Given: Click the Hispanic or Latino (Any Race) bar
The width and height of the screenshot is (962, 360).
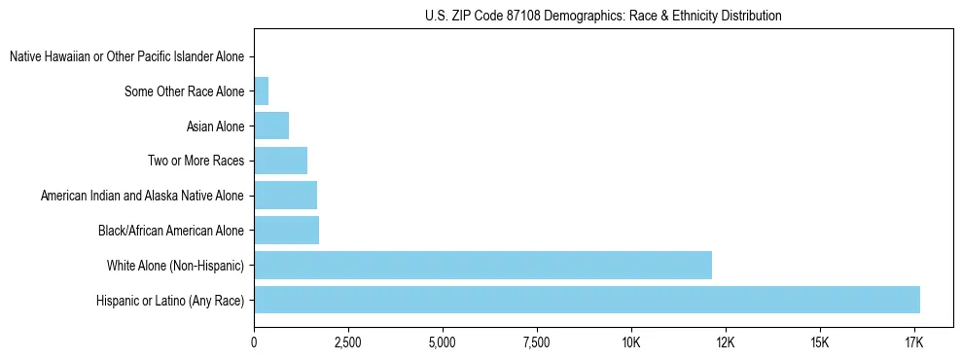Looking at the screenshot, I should (x=587, y=300).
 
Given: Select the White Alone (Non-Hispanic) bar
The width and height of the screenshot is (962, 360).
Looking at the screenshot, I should (x=482, y=265).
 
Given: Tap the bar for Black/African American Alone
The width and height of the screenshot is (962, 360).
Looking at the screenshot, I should (x=286, y=231).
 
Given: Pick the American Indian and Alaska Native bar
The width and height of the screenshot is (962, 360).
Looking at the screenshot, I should (x=285, y=196).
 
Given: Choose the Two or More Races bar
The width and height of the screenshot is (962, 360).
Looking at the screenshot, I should (x=280, y=161).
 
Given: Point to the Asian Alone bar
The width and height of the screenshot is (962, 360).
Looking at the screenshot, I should (x=271, y=126).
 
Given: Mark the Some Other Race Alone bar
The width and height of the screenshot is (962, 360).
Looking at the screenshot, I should (x=261, y=91).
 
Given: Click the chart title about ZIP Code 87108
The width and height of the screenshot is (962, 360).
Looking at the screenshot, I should (x=603, y=16).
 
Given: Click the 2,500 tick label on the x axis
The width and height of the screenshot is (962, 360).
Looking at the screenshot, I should (x=347, y=342).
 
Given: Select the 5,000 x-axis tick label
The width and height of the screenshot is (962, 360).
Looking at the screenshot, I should (x=442, y=342).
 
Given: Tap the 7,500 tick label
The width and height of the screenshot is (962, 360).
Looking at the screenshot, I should (x=536, y=342).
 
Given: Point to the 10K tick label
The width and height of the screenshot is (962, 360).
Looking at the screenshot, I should (x=630, y=342).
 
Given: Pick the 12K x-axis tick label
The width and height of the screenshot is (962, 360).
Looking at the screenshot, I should (x=725, y=342).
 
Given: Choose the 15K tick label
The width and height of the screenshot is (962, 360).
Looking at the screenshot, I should (x=819, y=342).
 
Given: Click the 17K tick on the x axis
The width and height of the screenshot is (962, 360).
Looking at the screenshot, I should (x=913, y=342).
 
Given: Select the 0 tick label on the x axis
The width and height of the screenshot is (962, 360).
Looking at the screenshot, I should (x=254, y=342).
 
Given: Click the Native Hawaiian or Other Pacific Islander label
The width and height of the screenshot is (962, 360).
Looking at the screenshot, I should (x=126, y=57).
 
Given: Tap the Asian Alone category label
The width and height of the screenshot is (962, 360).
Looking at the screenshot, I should (x=215, y=126).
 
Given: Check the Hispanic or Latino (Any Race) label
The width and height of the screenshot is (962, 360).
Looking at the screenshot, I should (x=169, y=301).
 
